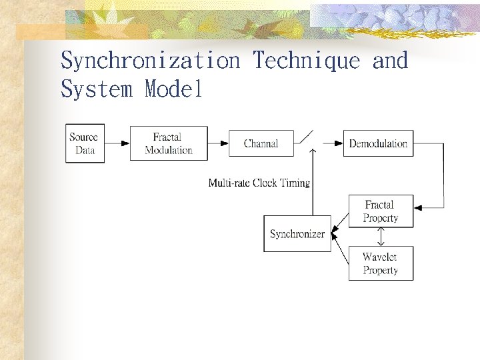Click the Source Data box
coord(85,143)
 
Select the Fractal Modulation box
coord(168,143)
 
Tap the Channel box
coord(261,143)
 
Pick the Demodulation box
coord(378,143)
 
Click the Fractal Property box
coord(381,211)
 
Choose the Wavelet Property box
coord(381,263)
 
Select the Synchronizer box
coord(297,233)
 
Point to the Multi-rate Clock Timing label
coord(259,183)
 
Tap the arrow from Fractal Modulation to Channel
coord(218,143)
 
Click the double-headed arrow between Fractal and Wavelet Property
coord(381,237)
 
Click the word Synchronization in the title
coord(150,61)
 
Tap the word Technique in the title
coord(306,61)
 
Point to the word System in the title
coord(97,89)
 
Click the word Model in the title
coord(173,89)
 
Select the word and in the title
coord(390,61)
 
